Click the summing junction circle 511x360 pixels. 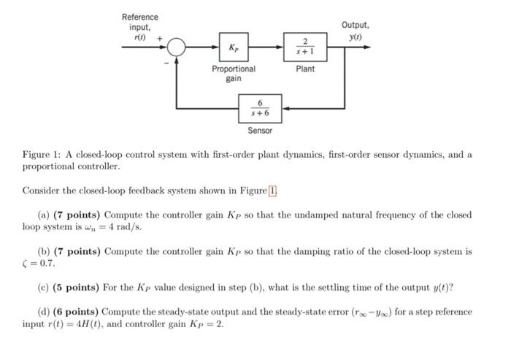tap(176, 47)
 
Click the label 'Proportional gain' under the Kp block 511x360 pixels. tap(234, 74)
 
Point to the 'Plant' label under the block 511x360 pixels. tap(305, 69)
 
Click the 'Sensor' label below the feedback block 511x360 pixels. tap(260, 131)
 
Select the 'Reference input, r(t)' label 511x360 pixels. tap(139, 27)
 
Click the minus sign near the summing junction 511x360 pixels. tap(166, 63)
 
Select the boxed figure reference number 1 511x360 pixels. tap(273, 191)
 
